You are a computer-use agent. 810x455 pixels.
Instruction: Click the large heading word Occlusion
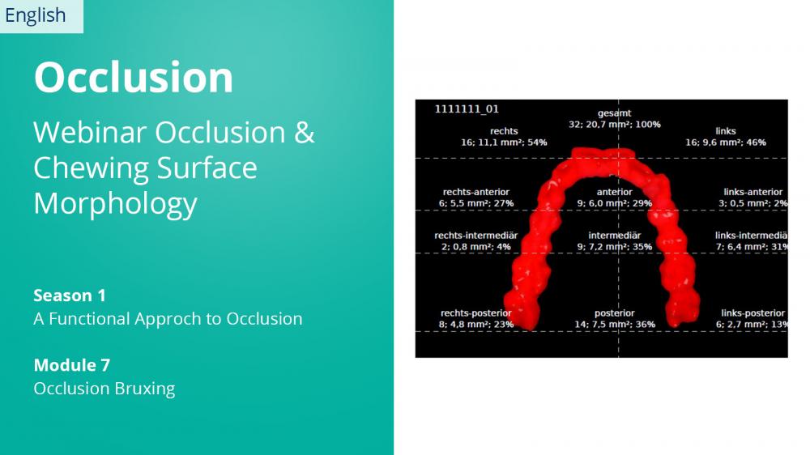[134, 77]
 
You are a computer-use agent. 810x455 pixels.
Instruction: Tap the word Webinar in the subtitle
[90, 132]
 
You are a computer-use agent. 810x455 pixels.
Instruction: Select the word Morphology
[115, 204]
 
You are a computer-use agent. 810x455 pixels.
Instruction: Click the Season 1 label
[70, 296]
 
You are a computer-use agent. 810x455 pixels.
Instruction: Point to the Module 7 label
[72, 365]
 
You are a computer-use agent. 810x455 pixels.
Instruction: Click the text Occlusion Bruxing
[104, 389]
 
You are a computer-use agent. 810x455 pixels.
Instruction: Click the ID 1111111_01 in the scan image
[467, 109]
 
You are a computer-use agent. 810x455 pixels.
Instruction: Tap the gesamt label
[614, 113]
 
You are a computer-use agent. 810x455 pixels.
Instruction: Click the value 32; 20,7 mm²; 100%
[615, 125]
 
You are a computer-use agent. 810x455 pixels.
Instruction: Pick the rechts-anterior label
[475, 192]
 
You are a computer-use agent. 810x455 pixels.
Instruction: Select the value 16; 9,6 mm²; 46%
[726, 142]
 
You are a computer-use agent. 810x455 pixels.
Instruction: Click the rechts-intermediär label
[475, 236]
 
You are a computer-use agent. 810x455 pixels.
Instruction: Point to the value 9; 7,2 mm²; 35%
[615, 247]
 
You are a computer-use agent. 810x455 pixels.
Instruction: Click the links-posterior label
[752, 313]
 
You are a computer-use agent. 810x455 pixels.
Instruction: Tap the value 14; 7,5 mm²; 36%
[615, 325]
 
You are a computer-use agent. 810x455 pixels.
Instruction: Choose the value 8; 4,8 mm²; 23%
[476, 325]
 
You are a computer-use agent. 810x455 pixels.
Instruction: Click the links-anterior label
[752, 192]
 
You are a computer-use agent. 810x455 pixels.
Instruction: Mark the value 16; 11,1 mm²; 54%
[504, 142]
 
